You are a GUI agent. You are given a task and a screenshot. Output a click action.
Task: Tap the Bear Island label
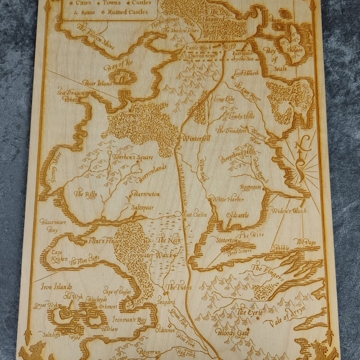[98, 83]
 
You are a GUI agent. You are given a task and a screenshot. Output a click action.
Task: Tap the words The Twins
[179, 287]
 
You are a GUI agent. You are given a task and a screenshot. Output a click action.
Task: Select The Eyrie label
[249, 313]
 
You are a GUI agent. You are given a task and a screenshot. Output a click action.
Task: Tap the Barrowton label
[146, 195]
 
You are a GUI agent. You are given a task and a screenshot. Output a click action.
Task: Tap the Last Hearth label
[247, 73]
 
